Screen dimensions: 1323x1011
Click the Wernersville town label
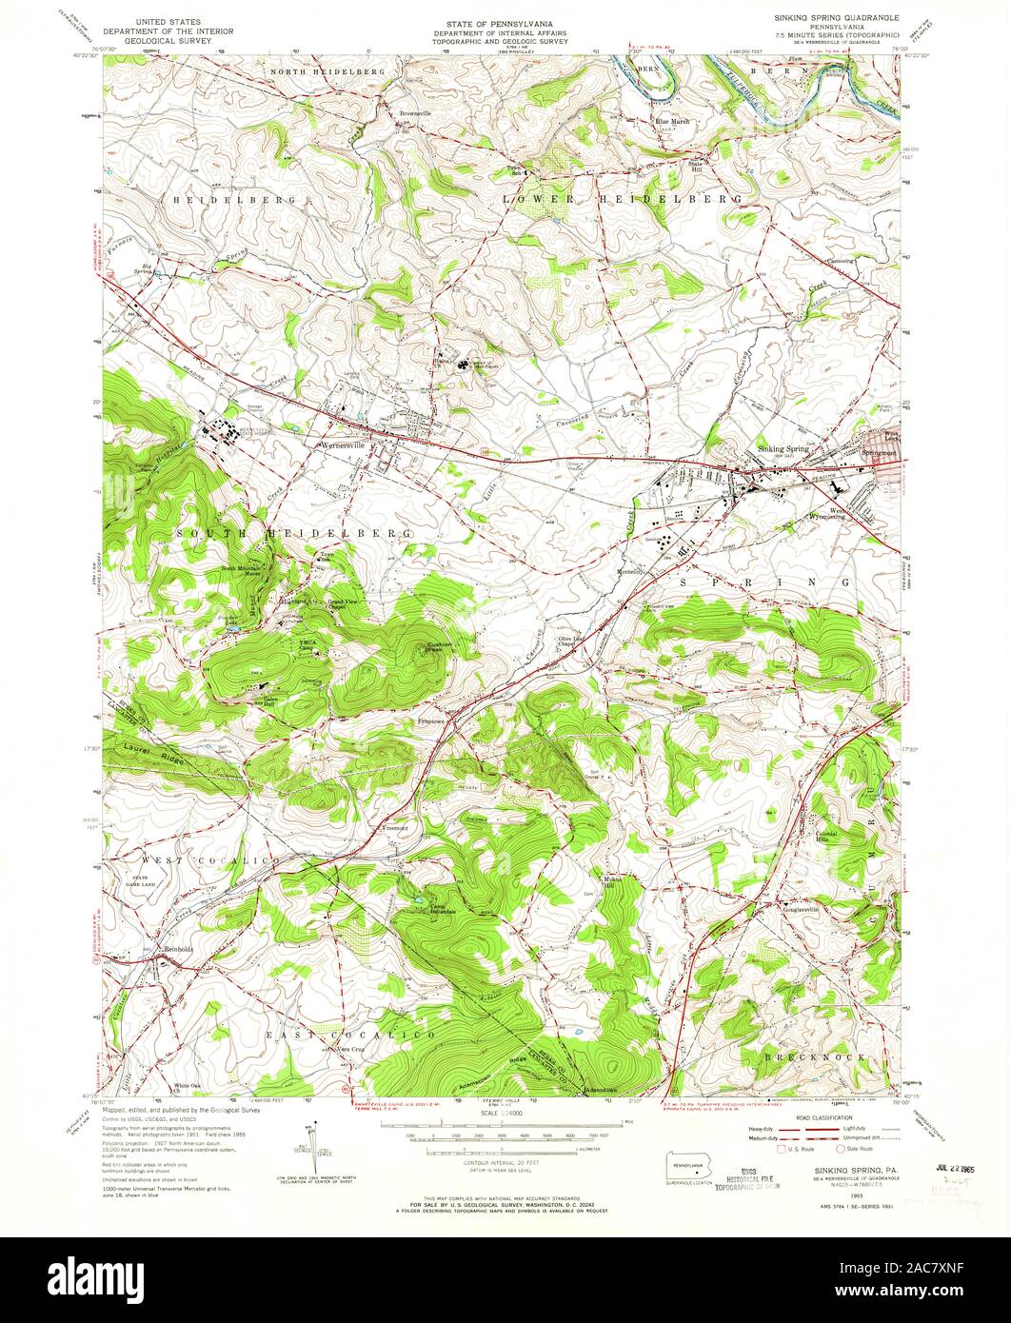343,444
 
